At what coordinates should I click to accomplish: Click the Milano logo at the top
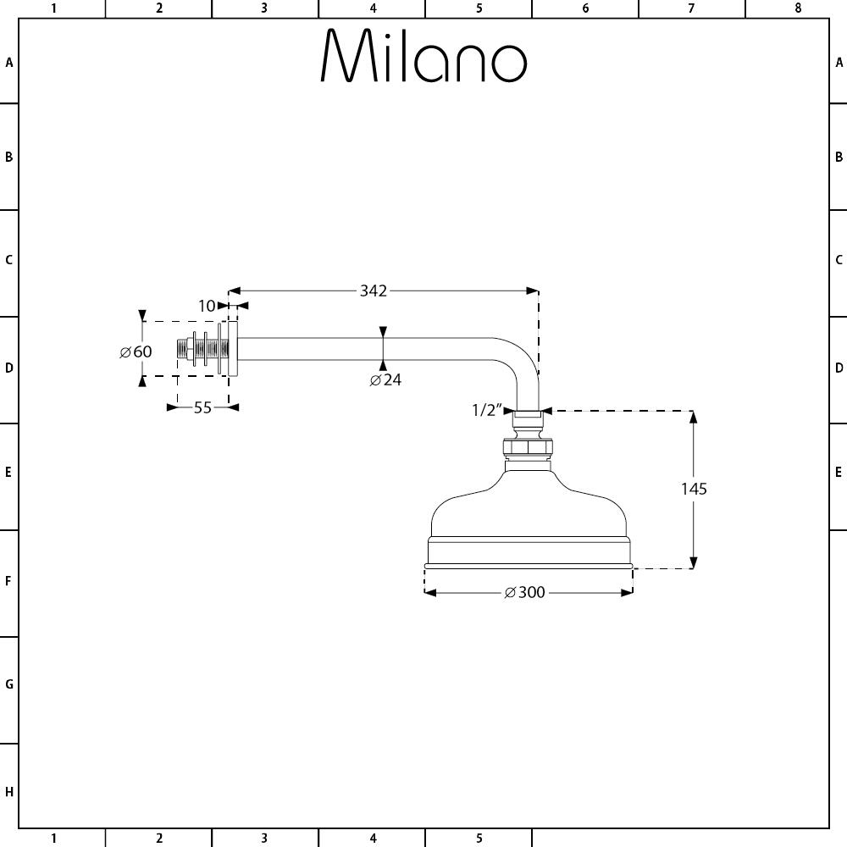[x=424, y=55]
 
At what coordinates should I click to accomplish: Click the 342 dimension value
[x=374, y=291]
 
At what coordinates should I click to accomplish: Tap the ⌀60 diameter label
[x=136, y=352]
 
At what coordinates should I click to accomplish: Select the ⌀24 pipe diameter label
[x=385, y=379]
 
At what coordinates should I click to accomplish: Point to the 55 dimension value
[x=202, y=408]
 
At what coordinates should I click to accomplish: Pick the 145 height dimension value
[x=695, y=489]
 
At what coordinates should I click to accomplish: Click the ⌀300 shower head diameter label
[x=524, y=593]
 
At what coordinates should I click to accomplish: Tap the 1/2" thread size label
[x=487, y=411]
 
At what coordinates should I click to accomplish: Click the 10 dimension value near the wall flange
[x=207, y=307]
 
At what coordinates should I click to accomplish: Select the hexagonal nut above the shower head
[x=528, y=448]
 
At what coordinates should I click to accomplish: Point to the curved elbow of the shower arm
[x=521, y=362]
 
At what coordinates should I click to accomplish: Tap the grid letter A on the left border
[x=9, y=63]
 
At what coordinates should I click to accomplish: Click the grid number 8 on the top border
[x=798, y=8]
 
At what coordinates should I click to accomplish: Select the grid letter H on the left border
[x=9, y=793]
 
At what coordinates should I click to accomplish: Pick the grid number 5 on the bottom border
[x=479, y=839]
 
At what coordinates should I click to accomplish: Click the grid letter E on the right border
[x=839, y=473]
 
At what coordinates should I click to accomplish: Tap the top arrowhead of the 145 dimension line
[x=694, y=417]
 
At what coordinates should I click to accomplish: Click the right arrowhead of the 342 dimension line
[x=533, y=291]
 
